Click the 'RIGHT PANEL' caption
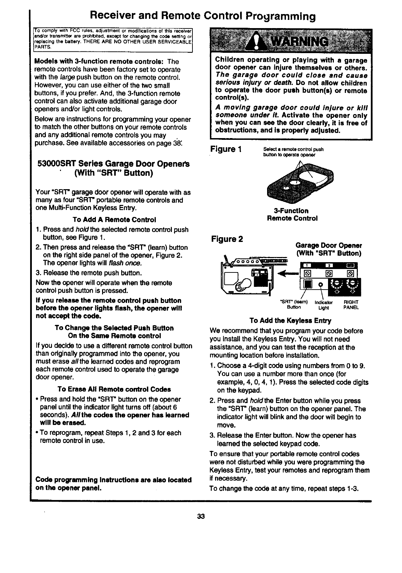351,305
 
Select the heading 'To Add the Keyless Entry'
290,321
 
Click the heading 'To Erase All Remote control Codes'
114,389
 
